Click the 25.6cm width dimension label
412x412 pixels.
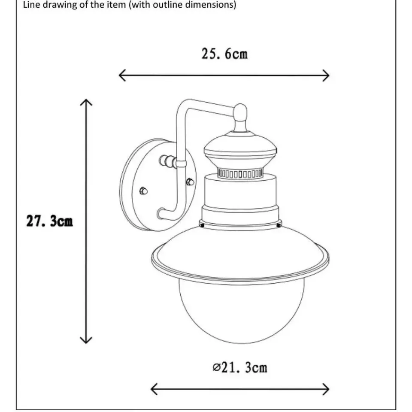point(224,54)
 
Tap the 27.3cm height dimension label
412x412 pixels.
point(49,221)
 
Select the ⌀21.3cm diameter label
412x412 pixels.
point(240,367)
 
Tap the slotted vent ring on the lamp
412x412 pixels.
point(240,174)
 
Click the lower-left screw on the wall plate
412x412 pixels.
point(143,191)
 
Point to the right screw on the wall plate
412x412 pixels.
point(190,182)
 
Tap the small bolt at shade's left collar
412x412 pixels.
point(202,225)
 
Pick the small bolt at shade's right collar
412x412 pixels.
point(279,225)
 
